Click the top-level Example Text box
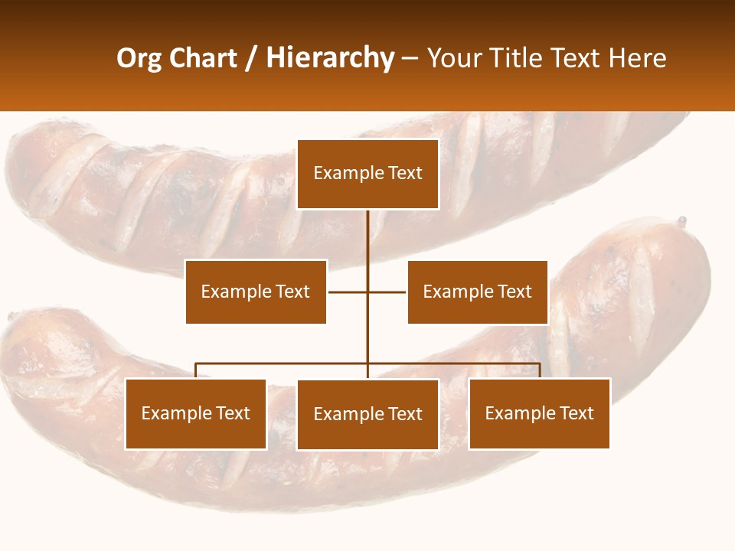click(367, 174)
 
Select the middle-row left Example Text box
click(256, 292)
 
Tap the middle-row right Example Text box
click(477, 292)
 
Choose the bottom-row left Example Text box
click(196, 413)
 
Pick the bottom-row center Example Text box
click(367, 414)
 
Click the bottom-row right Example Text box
click(539, 413)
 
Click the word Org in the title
click(139, 58)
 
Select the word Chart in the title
click(202, 58)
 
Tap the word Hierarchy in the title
click(329, 58)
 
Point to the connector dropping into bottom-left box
click(196, 370)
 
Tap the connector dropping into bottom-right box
click(540, 370)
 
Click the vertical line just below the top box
click(367, 230)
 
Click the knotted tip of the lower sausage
click(681, 222)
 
